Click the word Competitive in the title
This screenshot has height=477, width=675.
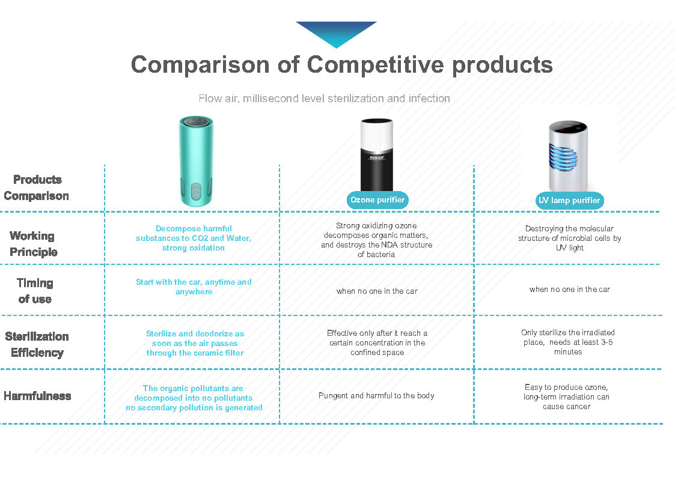pos(375,65)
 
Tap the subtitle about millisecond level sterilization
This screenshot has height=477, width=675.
pos(324,99)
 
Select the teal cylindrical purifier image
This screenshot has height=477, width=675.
pos(196,161)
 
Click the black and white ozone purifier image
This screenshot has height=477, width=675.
pos(377,155)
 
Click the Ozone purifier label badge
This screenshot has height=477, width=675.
pos(377,200)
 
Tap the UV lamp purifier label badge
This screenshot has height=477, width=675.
pos(569,201)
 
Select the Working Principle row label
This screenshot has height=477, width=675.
pos(33,244)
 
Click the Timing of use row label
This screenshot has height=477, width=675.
pos(35,291)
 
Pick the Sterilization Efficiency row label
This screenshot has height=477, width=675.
pos(37,344)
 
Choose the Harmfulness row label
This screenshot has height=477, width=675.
pos(37,396)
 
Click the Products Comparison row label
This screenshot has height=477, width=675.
pos(37,187)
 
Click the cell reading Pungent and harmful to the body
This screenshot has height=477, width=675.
pos(376,396)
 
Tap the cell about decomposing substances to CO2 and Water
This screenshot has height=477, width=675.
pos(194,239)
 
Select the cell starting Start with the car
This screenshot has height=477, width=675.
pos(194,287)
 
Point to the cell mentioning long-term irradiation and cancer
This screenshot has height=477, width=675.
pos(567,396)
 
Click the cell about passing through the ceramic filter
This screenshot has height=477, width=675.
pos(195,343)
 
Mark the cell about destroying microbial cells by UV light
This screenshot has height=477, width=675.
pos(570,239)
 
